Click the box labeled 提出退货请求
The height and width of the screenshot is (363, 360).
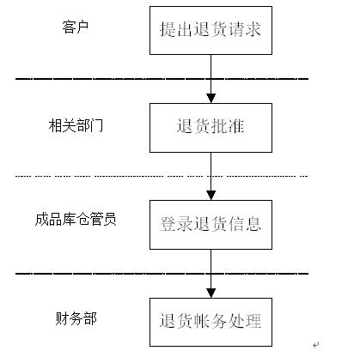[x=211, y=30]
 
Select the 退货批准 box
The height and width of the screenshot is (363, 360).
[x=211, y=128]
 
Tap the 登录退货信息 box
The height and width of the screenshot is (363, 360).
[x=211, y=225]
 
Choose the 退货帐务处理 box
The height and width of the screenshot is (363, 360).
[x=211, y=322]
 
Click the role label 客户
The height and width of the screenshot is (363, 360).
[x=76, y=27]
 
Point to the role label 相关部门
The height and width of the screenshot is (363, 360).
[x=76, y=125]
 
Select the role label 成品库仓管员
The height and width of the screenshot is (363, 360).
[x=76, y=220]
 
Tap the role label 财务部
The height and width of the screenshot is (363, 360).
[x=76, y=318]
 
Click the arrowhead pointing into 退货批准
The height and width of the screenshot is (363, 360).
[x=211, y=98]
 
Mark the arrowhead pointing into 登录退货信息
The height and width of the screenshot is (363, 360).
[x=211, y=195]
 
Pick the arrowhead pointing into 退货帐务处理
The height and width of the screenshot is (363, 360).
[x=211, y=293]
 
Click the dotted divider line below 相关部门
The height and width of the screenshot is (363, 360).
[x=162, y=176]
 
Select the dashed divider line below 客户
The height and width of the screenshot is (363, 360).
[x=162, y=78]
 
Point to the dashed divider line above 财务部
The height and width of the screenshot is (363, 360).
[x=162, y=274]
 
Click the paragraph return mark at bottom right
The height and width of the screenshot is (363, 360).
[x=316, y=345]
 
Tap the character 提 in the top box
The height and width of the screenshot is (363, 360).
[x=168, y=29]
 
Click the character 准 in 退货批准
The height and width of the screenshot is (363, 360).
[x=236, y=126]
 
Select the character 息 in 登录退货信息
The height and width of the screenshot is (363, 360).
[x=253, y=223]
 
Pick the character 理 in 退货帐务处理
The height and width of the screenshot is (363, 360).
[x=253, y=320]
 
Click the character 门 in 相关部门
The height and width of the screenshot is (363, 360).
[x=96, y=125]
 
